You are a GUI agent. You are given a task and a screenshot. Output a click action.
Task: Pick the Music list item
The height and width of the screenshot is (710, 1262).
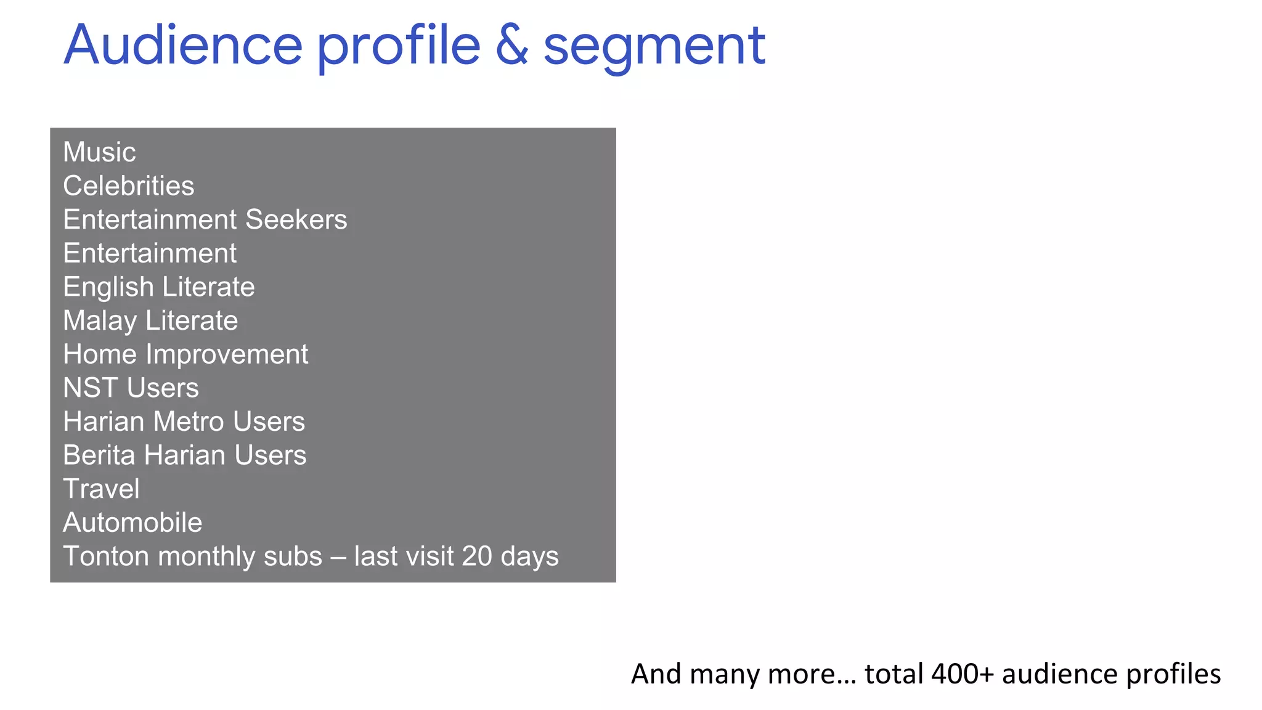[99, 152]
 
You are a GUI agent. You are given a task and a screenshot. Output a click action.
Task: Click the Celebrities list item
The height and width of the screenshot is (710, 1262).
[128, 186]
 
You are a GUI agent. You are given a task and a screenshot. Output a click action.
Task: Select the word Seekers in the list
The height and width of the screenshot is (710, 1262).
[296, 219]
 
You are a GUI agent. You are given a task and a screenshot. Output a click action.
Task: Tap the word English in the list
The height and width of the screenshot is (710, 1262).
[108, 287]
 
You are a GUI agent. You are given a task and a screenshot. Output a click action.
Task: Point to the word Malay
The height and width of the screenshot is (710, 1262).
[100, 321]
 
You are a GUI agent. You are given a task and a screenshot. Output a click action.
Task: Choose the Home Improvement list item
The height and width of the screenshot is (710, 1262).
[185, 354]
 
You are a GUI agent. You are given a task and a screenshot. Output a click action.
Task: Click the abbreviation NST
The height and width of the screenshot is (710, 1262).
[90, 388]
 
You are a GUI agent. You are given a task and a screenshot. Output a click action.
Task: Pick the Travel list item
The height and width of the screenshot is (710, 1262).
[101, 489]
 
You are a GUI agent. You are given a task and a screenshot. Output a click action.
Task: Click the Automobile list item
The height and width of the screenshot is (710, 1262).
[132, 523]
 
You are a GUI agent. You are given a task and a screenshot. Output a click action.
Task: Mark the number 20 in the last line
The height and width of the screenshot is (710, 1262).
[477, 557]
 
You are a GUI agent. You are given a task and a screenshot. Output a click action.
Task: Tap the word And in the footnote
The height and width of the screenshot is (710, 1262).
[656, 674]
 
